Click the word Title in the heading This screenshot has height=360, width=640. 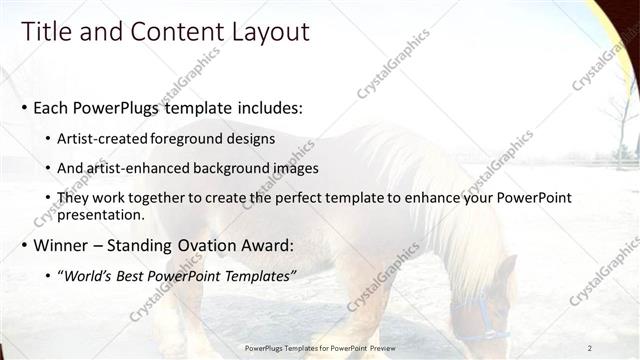point(48,32)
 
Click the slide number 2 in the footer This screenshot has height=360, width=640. point(590,347)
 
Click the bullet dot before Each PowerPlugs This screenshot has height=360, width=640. point(23,108)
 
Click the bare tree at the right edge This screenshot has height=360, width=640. point(623,130)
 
